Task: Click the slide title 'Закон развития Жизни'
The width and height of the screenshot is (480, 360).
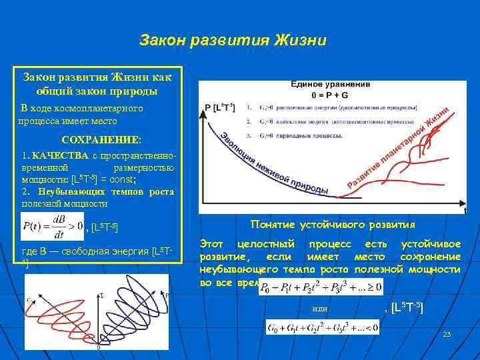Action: pos(233,41)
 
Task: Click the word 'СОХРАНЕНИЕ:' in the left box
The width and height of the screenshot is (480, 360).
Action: pos(101,141)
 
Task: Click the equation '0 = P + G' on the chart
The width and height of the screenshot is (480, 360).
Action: pos(331,95)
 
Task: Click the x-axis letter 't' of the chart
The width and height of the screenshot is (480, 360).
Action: pos(465,210)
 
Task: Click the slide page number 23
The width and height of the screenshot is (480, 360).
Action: pos(447,333)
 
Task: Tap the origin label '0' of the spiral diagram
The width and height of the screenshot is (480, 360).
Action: pos(99,347)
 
